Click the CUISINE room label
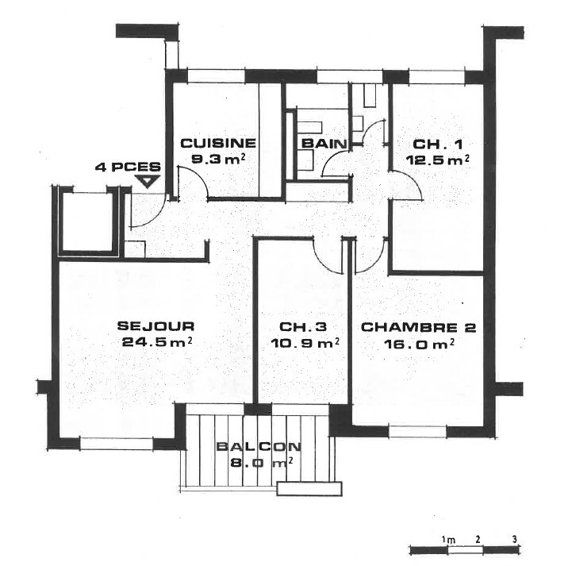pos(218,143)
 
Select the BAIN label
pos(324,144)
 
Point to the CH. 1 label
pos(438,144)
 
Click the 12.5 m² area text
pos(438,160)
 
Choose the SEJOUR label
pos(155,326)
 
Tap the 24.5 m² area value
pos(156,341)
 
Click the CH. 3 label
pos(303,327)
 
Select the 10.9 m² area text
pos(305,343)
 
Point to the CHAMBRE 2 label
pos(418,327)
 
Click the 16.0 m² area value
pos(419,344)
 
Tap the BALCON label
pos(259,446)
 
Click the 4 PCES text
pos(128,167)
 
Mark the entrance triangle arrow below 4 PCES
pos(147,181)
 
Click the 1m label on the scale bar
pos(448,540)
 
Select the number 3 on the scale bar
pos(514,539)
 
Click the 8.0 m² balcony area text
pos(262,463)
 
